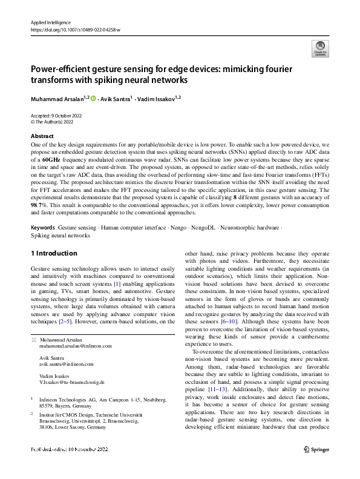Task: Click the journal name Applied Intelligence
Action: point(51,21)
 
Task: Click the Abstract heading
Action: point(42,136)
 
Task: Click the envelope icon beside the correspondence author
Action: point(33,339)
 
